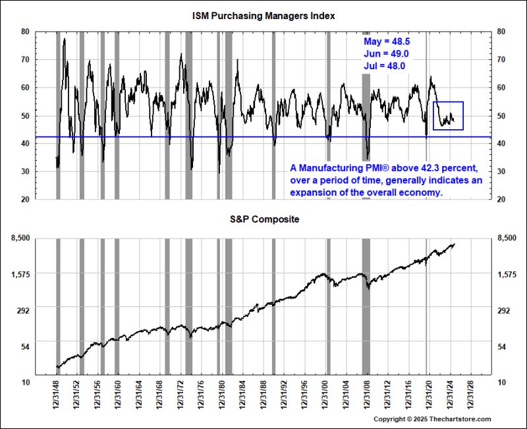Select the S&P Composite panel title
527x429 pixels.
click(263, 219)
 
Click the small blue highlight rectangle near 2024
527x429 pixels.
click(448, 115)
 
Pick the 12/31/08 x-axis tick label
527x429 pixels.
click(366, 400)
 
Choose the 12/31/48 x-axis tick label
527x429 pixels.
click(57, 400)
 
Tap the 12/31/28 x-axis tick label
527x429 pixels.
click(469, 400)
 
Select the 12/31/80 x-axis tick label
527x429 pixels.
click(222, 400)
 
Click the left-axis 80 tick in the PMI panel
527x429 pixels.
click(25, 31)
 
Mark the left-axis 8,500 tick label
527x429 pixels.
click(19, 237)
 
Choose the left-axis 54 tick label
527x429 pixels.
click(24, 346)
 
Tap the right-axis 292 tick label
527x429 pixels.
click(503, 310)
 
